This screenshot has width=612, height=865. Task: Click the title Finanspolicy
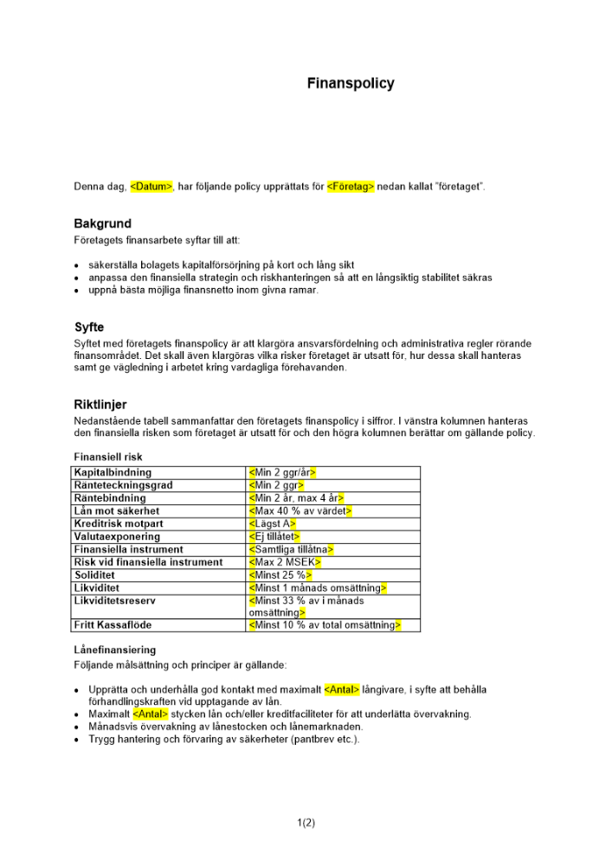(351, 84)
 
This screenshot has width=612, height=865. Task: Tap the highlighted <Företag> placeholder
(351, 187)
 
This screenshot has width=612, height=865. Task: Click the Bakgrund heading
(102, 224)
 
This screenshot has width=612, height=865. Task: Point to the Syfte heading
(89, 328)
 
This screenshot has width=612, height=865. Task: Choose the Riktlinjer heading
(100, 404)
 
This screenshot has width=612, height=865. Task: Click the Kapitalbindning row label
(113, 472)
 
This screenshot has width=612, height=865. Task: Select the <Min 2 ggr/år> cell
(282, 472)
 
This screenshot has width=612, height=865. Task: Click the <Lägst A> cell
(273, 523)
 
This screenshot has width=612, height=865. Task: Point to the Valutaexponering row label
(117, 536)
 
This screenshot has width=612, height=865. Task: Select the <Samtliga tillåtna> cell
(291, 549)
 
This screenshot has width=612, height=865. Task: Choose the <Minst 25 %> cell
(280, 575)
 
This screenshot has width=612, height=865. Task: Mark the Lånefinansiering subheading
(114, 650)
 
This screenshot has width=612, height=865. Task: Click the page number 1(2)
(306, 822)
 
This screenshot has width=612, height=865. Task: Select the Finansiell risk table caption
(108, 457)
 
